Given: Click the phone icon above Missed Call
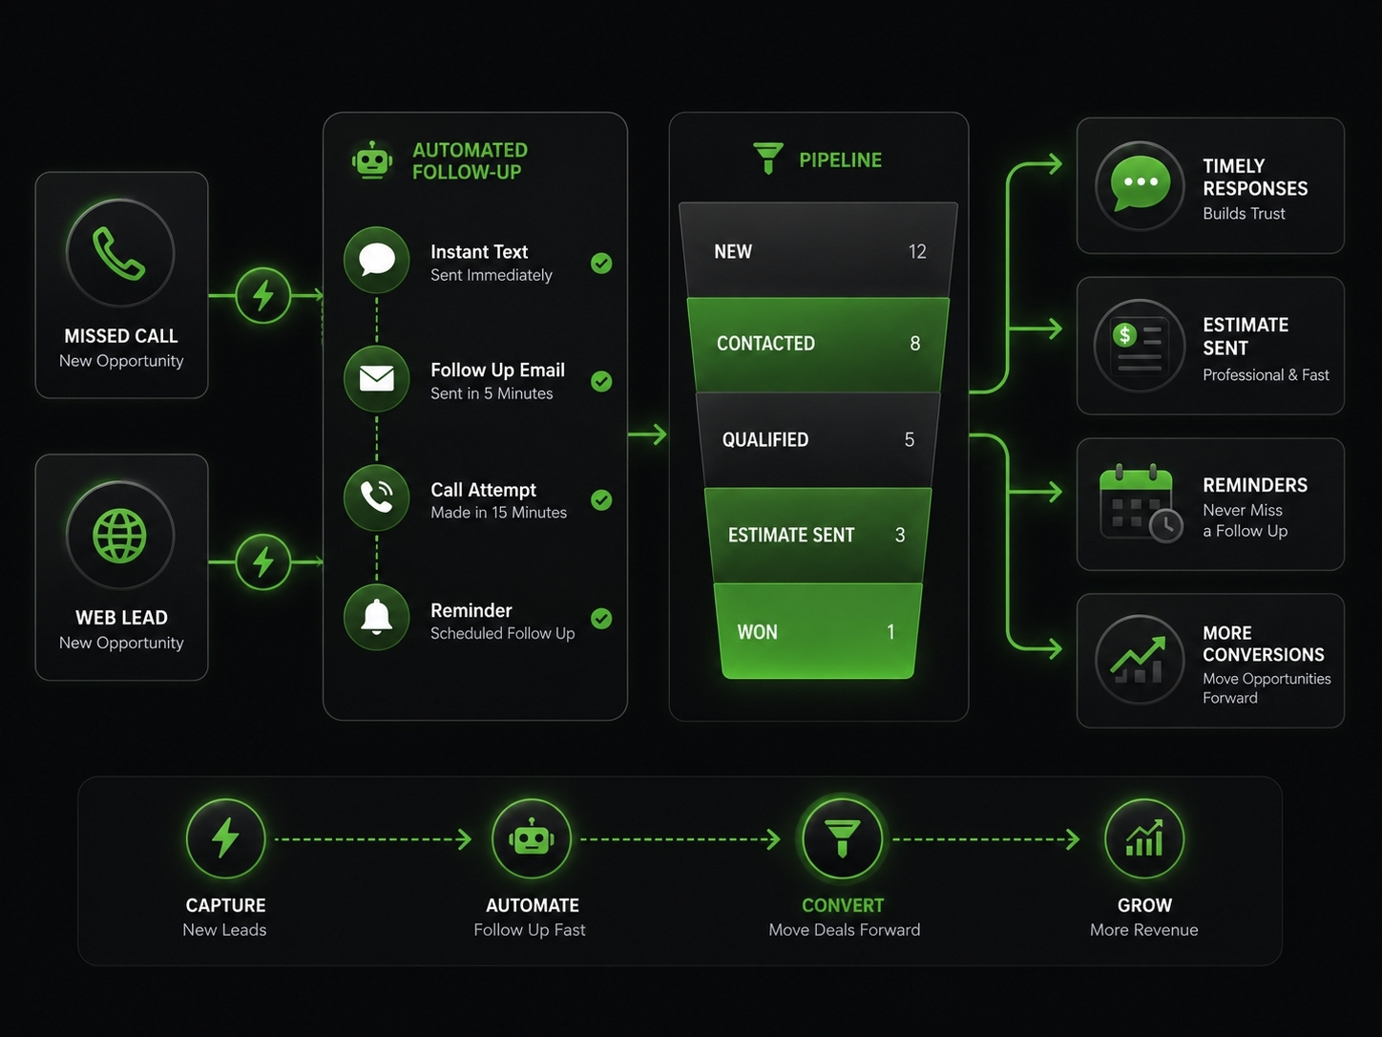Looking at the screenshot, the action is point(118,253).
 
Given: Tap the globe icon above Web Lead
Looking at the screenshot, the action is point(119,535).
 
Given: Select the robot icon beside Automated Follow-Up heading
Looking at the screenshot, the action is point(372,159).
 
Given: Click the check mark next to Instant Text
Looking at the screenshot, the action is point(601,264).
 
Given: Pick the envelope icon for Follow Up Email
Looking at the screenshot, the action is point(376,378).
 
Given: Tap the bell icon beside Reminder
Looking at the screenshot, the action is point(376,617).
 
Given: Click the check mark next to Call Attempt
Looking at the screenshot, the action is point(601,500).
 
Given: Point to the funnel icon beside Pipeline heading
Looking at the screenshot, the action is point(768,159).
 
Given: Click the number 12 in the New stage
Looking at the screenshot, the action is point(917,252).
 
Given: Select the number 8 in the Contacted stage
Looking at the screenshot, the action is point(915,343).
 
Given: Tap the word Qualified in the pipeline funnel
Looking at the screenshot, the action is point(765,439).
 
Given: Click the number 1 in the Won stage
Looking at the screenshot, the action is point(890,631).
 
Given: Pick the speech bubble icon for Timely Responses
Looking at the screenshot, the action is point(1141,183).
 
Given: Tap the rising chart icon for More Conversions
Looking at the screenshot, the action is point(1139,660).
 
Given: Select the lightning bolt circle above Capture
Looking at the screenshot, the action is point(225,838).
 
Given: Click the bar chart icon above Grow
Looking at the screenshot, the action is point(1144,838).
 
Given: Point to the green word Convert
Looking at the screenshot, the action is point(843,905).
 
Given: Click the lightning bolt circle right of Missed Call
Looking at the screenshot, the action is point(263,295).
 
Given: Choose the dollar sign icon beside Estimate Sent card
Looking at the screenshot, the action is point(1124,334).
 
